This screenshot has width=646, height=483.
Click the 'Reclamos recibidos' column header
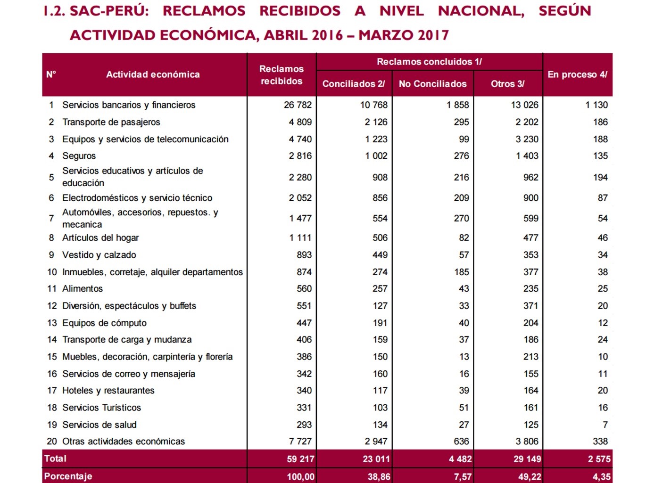(282, 75)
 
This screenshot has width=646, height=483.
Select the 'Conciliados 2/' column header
(354, 84)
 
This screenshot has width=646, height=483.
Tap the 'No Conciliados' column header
(432, 84)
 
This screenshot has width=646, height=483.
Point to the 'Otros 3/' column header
(507, 84)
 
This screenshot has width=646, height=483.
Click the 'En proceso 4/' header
(577, 74)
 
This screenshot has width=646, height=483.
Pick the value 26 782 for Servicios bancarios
(298, 105)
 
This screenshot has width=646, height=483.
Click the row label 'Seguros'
(79, 156)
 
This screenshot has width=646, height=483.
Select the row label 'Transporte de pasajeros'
(111, 122)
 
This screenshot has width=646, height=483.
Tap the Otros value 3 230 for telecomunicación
(527, 139)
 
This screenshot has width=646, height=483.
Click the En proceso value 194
(600, 177)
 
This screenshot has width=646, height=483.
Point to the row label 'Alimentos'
(82, 288)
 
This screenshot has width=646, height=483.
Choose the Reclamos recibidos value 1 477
(300, 218)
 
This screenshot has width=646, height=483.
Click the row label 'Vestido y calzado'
(99, 255)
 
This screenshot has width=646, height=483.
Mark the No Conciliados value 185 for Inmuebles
(461, 272)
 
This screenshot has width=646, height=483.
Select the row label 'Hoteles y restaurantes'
(108, 391)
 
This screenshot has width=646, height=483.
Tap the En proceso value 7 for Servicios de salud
(605, 425)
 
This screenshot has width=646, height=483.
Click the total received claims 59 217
(300, 459)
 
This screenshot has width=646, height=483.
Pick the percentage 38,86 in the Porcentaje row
(379, 476)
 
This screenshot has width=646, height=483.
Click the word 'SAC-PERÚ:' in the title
(109, 11)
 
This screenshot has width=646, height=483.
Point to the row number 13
(52, 323)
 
